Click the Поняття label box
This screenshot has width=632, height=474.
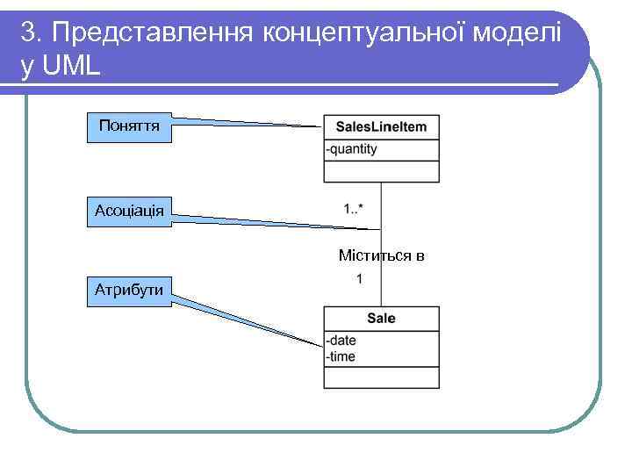tap(130, 126)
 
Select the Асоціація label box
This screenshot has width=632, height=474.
tap(130, 212)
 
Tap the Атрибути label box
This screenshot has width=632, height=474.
tap(130, 290)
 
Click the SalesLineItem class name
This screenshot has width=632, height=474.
tap(381, 127)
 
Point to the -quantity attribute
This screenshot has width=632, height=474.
tap(351, 149)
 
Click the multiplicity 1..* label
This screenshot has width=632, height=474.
tap(354, 209)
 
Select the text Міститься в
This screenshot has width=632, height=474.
tap(381, 256)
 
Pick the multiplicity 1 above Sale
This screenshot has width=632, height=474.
tap(359, 279)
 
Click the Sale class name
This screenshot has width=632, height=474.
tap(381, 319)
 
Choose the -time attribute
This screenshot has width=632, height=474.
tap(341, 355)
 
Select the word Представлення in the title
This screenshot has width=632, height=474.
tap(151, 32)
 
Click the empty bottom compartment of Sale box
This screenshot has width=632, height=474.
tap(381, 377)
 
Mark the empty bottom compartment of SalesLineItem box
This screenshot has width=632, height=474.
tap(381, 172)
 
